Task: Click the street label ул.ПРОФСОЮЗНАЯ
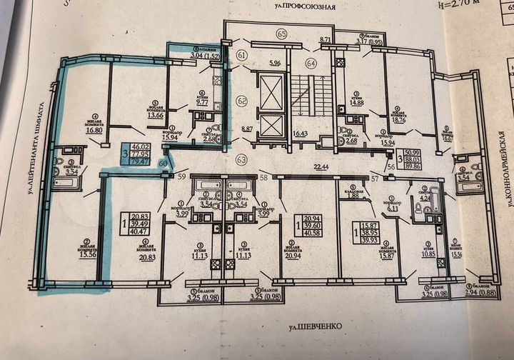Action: point(309,5)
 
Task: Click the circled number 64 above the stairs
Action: point(311,64)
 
